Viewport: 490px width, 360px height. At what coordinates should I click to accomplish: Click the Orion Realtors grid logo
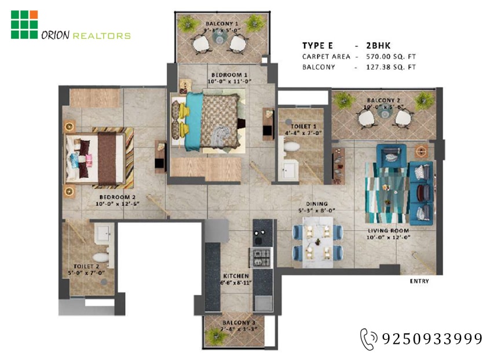tap(24, 25)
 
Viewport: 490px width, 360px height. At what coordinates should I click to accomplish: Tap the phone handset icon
tap(368, 339)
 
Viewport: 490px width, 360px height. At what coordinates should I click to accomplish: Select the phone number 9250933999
tap(432, 339)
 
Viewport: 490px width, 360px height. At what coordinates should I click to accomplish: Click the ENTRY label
tap(419, 281)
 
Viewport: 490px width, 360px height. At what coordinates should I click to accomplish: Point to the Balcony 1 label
tap(222, 23)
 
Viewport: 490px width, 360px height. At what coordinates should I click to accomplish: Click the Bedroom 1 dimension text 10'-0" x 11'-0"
tap(229, 81)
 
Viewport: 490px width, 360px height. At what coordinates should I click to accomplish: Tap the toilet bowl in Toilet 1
tap(292, 147)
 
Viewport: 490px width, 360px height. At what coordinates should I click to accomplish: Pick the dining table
tap(318, 242)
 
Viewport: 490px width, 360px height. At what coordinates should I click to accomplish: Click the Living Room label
tap(388, 231)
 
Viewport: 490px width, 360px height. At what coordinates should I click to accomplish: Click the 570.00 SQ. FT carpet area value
tap(391, 57)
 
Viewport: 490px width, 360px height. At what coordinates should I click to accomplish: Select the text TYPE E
tap(317, 46)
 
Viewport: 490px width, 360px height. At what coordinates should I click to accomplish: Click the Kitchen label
tap(236, 276)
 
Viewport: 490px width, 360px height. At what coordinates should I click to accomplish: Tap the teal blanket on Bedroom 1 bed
tap(192, 121)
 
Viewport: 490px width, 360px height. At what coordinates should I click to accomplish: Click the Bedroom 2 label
tap(117, 197)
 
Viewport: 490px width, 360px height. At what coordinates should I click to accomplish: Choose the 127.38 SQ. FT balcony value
tap(391, 67)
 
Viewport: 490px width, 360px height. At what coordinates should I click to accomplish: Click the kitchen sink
tap(264, 303)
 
